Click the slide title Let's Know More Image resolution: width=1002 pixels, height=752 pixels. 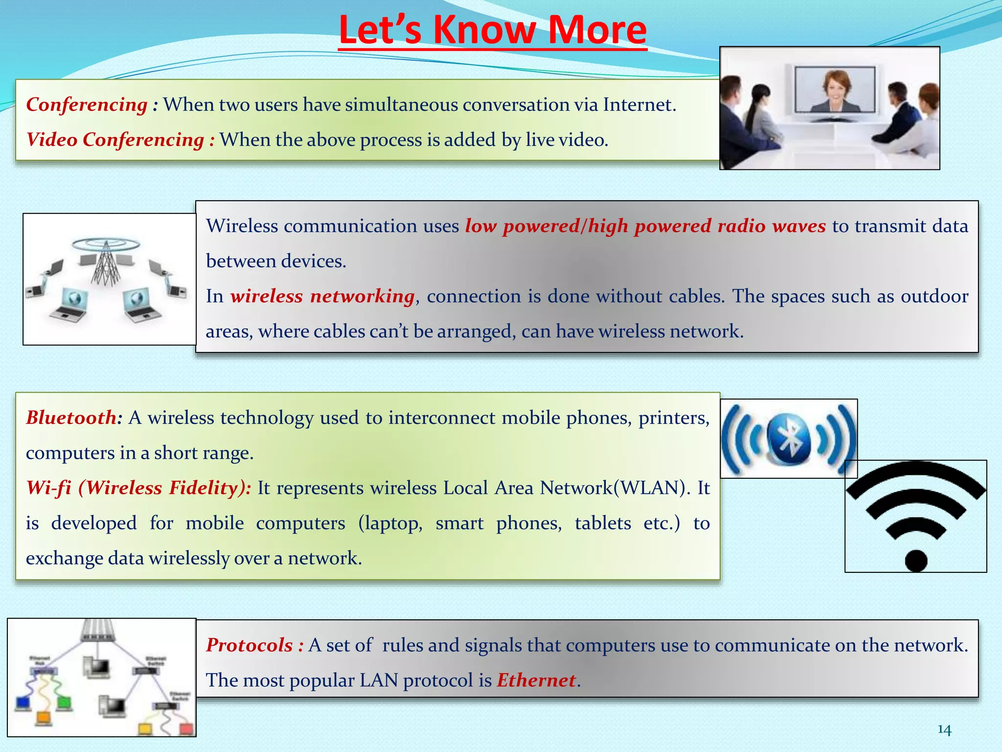pyautogui.click(x=492, y=30)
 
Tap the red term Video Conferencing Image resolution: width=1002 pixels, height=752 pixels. pyautogui.click(x=115, y=140)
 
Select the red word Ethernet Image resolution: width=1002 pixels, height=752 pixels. pyautogui.click(x=536, y=681)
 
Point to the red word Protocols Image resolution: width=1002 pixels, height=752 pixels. pyautogui.click(x=249, y=645)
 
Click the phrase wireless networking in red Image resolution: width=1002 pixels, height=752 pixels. pyautogui.click(x=323, y=296)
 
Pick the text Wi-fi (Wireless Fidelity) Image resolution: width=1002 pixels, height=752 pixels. pyautogui.click(x=138, y=488)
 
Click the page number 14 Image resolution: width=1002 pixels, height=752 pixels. pyautogui.click(x=944, y=730)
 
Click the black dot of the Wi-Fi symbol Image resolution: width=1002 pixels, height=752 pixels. pyautogui.click(x=916, y=560)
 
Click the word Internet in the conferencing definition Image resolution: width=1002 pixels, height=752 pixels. pyautogui.click(x=638, y=105)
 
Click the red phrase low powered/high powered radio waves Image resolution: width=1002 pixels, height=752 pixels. pyautogui.click(x=645, y=226)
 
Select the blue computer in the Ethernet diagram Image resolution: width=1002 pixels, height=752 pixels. pyautogui.click(x=23, y=703)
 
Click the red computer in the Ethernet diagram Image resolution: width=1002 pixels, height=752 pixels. pyautogui.click(x=186, y=728)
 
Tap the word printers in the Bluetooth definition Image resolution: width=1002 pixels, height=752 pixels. pyautogui.click(x=673, y=418)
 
